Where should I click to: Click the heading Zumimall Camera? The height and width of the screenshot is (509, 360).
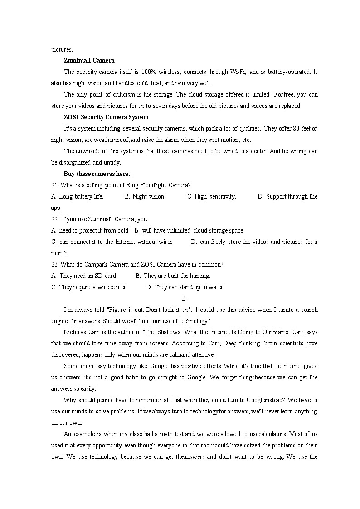pos(89,60)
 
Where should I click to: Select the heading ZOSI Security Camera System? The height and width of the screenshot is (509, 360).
pos(100,117)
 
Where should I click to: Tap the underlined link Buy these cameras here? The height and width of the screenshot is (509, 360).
pos(97,174)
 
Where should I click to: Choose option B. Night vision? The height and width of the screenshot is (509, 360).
pos(145,196)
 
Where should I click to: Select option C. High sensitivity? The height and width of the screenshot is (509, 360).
pos(211,196)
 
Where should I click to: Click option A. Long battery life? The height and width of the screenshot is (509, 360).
pos(78,196)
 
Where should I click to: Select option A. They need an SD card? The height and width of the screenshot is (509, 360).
pos(84,276)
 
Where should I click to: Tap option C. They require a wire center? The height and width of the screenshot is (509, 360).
pos(89,287)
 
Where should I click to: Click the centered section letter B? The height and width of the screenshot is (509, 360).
pos(184,298)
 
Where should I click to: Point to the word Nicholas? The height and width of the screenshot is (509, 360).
pos(75,332)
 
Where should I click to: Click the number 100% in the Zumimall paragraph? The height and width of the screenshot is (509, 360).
pos(149,72)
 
